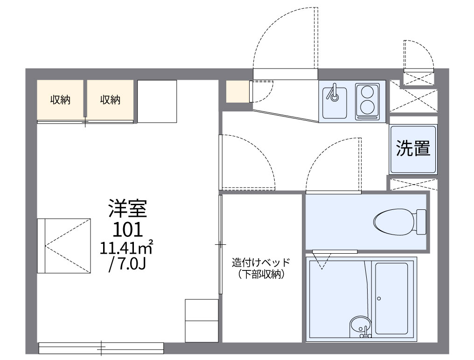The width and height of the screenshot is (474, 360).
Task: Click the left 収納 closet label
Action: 60,100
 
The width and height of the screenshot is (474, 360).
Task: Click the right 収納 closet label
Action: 110,100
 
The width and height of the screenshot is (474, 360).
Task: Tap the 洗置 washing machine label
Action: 413,148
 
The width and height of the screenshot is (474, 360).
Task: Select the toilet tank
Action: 421,222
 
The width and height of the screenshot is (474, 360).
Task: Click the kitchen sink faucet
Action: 334,92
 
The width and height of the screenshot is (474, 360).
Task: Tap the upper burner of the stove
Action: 367,91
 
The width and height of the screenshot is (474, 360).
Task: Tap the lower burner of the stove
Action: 367,107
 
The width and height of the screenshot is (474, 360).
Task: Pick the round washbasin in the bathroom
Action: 360,326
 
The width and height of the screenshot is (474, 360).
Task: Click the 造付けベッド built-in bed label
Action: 261,262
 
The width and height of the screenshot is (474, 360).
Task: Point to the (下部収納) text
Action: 261,274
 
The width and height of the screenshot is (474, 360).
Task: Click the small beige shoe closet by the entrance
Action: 237,91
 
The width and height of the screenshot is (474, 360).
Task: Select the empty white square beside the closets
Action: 157,101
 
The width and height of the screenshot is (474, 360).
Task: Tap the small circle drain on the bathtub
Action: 379,298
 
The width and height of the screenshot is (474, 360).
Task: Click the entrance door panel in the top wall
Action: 286,74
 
